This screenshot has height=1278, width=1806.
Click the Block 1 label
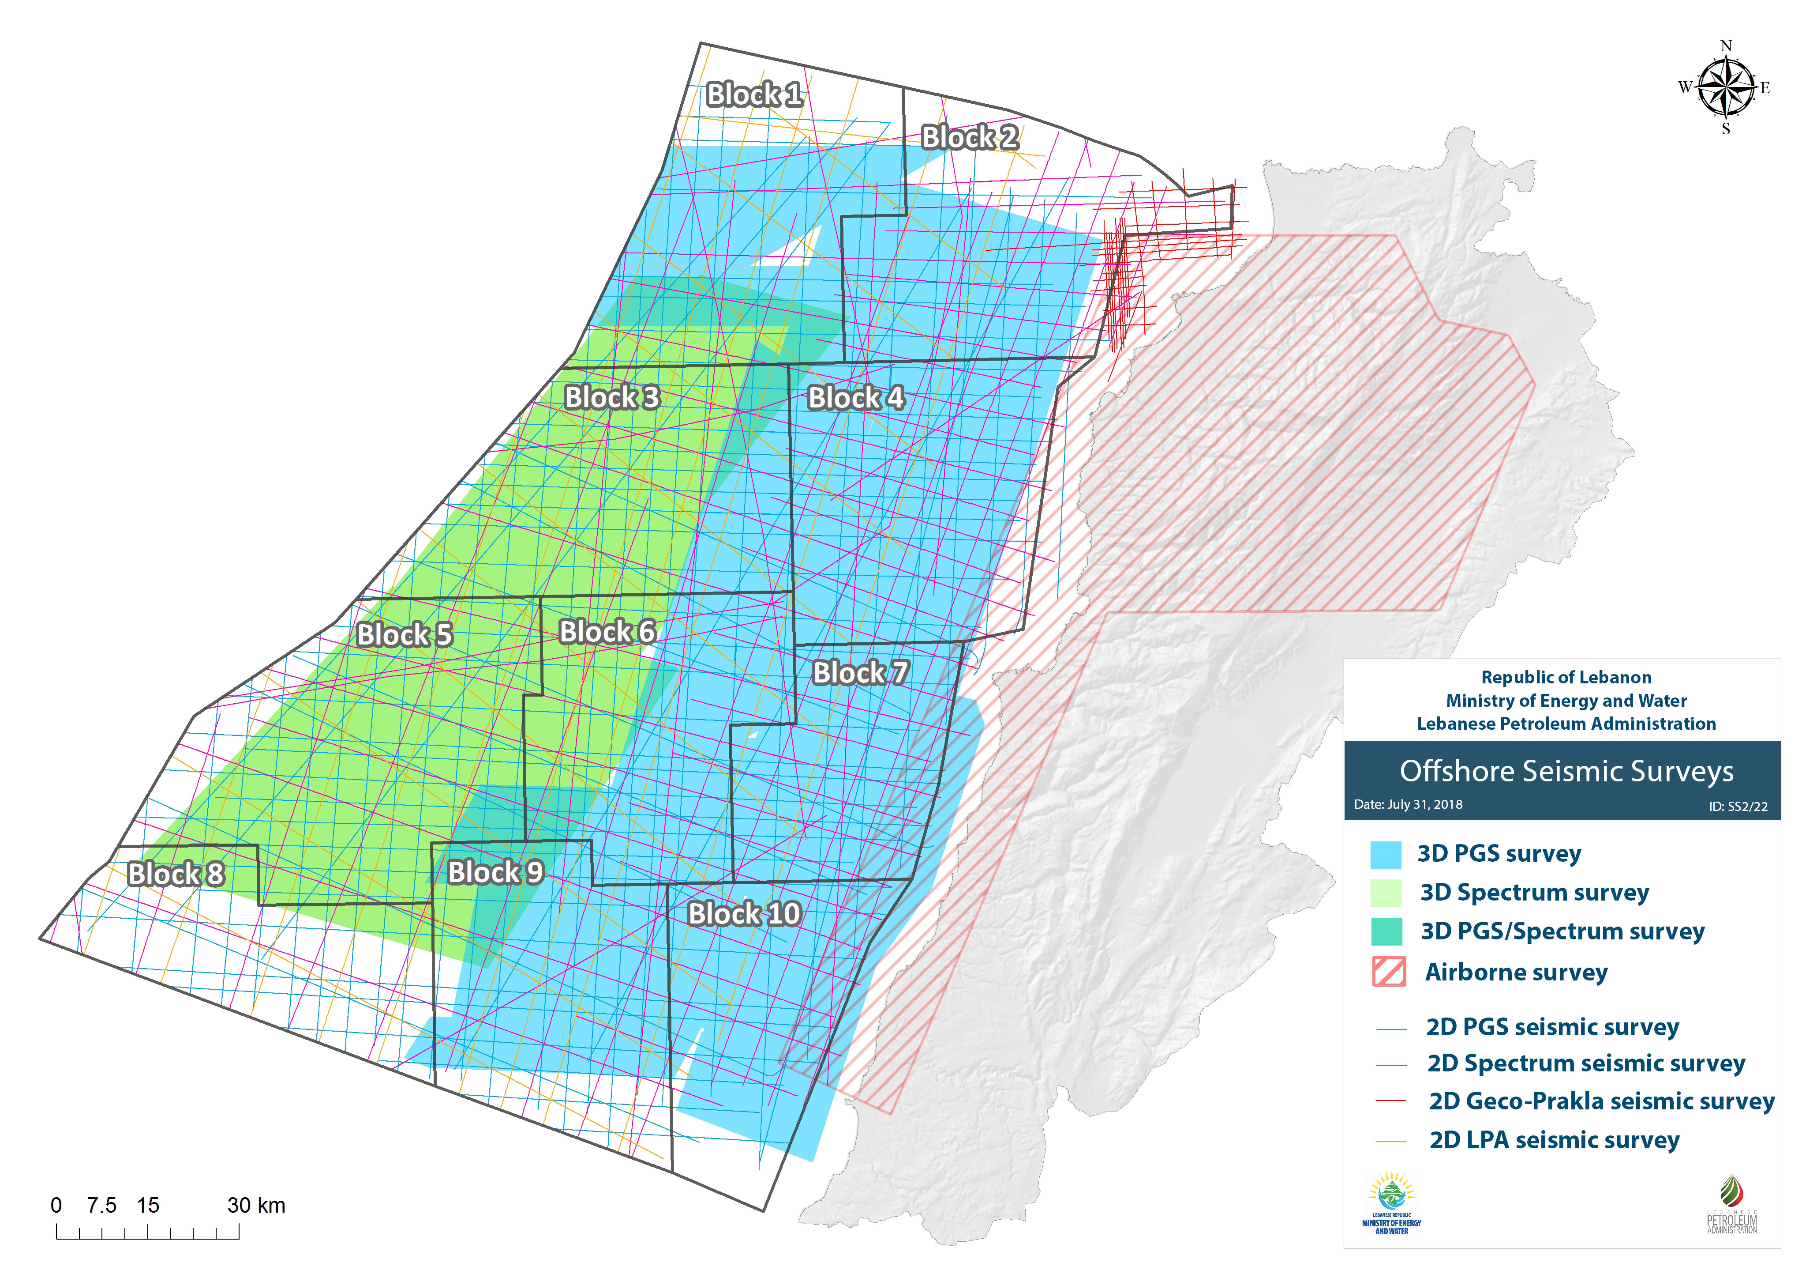(x=753, y=94)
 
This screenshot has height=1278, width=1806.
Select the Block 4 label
(x=856, y=397)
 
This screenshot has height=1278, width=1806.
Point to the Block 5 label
(x=405, y=634)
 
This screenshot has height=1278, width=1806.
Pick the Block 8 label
(x=176, y=874)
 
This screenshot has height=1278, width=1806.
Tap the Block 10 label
(x=744, y=914)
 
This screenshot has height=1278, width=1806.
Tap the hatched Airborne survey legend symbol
(x=1388, y=972)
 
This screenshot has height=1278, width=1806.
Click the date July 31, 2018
(x=1408, y=804)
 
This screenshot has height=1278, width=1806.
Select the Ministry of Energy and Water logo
(x=1391, y=1204)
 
